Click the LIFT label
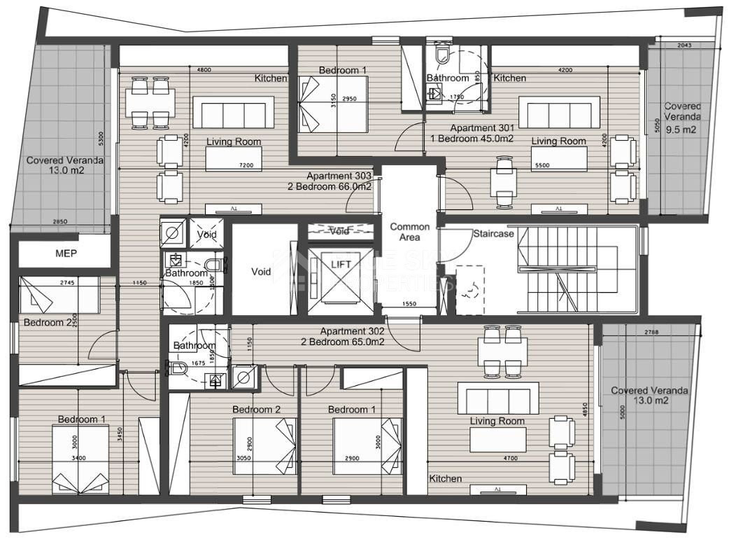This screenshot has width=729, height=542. (342, 263)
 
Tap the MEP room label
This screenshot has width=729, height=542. (66, 253)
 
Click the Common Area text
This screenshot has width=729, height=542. (409, 232)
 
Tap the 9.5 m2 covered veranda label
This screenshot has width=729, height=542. (682, 118)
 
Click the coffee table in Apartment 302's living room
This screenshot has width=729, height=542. (497, 440)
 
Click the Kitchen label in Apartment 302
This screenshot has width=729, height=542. (445, 478)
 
